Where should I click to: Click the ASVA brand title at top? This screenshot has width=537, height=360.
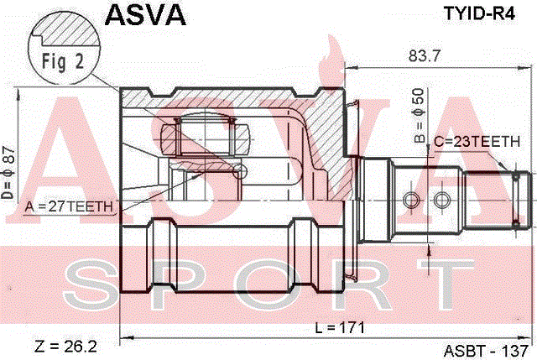coord(145,15)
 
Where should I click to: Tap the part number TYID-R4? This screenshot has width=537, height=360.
coord(479,13)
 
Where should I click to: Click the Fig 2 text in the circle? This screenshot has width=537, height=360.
coord(63,62)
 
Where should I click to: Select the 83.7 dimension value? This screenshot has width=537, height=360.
coord(424,55)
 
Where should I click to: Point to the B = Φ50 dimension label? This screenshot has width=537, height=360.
coord(420,116)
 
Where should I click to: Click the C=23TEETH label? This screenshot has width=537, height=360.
coord(477,142)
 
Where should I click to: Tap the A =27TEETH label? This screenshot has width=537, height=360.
coord(69,206)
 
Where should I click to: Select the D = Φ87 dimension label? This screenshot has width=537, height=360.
coord(8,173)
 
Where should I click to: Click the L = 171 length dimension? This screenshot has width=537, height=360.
coord(340,328)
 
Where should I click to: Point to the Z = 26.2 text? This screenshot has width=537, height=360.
coord(65,347)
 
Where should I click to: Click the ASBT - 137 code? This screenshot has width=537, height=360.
coord(486,351)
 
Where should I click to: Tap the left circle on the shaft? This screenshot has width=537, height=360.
coord(411,200)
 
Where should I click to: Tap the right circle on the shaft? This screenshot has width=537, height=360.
coord(442,200)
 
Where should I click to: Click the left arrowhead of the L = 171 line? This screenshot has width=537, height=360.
coord(126,338)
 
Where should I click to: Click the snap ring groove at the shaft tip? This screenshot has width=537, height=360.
coord(516,200)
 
